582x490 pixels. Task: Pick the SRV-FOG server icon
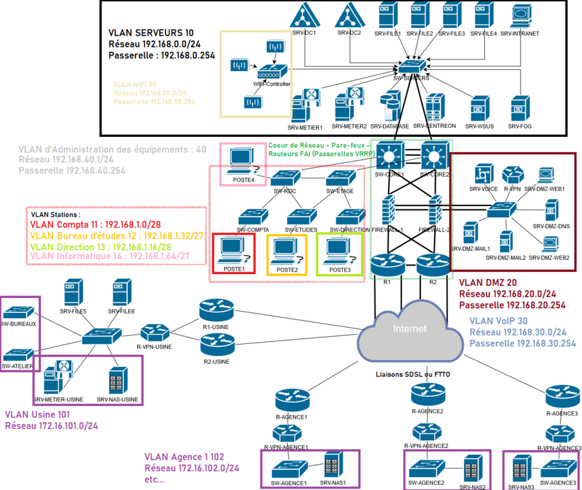pos(520,108)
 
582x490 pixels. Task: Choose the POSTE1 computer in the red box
pos(233,251)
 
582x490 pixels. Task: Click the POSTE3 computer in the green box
pos(338,251)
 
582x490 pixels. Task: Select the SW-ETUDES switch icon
pos(301,216)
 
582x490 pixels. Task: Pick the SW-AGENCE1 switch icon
pos(289,466)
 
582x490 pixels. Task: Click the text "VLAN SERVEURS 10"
pos(151,32)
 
